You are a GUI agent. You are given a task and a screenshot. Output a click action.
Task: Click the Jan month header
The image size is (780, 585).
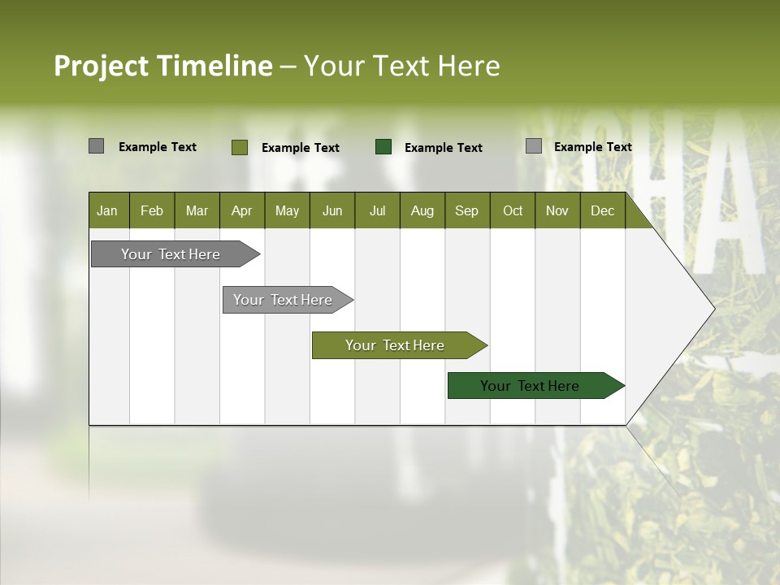coord(108,210)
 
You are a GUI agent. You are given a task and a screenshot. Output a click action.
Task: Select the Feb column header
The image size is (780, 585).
coord(152,210)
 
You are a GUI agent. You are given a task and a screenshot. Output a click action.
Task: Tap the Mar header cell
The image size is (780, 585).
coord(197,210)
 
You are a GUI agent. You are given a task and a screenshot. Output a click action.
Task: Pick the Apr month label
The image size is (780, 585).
coord(242,210)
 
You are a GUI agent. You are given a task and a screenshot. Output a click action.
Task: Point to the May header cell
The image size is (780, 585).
coord(287,210)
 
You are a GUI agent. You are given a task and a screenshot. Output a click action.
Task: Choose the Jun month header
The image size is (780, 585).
coord(332,210)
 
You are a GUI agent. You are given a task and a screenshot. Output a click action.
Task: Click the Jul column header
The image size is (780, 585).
coord(377,210)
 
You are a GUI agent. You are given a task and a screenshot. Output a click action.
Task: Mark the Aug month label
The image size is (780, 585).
coord(422,210)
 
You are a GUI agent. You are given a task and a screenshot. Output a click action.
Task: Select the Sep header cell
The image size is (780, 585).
coord(467,210)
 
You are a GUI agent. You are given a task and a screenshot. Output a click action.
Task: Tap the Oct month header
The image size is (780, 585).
coord(513,210)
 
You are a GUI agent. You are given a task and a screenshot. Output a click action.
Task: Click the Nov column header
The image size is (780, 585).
coord(557,210)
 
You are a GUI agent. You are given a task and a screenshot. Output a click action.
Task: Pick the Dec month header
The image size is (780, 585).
coord(603,210)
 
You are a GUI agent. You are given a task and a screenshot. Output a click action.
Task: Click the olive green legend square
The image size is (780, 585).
coord(240,147)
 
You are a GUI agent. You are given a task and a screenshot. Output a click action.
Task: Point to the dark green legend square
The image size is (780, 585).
coord(383,147)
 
